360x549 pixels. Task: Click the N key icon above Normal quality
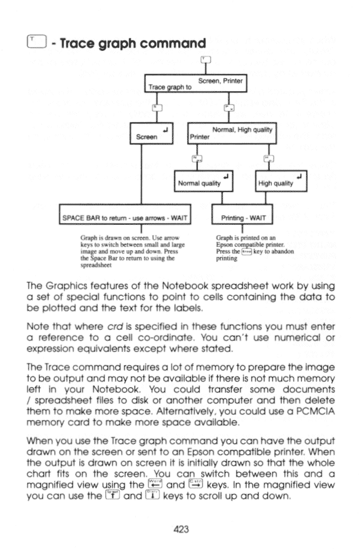(195, 158)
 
